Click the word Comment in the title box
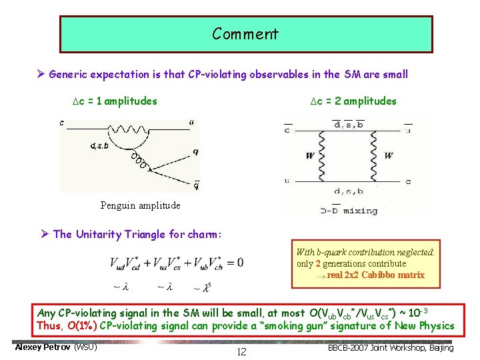click(x=245, y=33)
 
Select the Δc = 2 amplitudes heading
click(x=353, y=101)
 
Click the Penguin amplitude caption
click(x=140, y=205)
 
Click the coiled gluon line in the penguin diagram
click(x=140, y=162)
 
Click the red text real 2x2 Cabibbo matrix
click(x=375, y=275)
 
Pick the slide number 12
click(x=241, y=352)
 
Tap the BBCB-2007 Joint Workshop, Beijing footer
click(x=401, y=348)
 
